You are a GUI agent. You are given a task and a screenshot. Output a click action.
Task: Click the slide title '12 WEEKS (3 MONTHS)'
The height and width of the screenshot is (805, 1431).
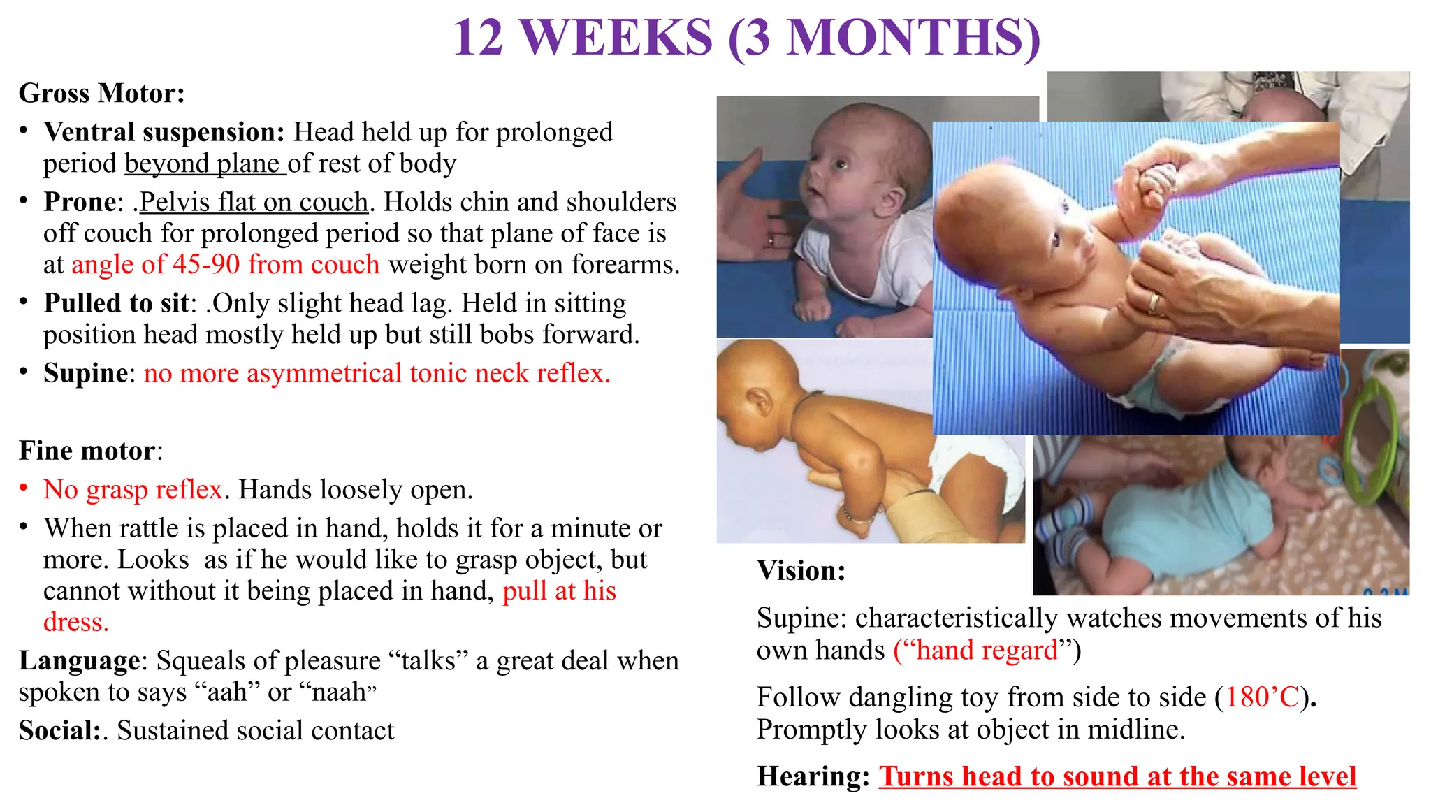pos(746,38)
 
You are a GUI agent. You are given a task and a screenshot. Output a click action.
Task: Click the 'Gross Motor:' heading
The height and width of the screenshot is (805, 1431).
pos(102,94)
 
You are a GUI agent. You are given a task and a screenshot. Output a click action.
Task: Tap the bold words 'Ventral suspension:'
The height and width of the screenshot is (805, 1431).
pos(164,132)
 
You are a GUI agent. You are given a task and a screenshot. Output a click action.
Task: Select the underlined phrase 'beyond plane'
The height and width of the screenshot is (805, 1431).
pos(204,164)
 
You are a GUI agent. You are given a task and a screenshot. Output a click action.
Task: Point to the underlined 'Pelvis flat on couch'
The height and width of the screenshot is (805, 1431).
pos(253,202)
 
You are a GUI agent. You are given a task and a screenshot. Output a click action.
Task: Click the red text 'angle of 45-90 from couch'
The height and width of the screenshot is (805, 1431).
pos(225,265)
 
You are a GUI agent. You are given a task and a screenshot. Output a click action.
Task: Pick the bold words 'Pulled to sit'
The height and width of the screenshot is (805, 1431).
pos(116,303)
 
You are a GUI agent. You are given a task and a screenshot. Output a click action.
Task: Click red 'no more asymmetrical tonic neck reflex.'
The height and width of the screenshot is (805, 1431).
pos(377,373)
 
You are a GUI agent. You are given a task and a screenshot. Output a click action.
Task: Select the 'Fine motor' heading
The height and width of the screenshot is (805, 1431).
pos(87,451)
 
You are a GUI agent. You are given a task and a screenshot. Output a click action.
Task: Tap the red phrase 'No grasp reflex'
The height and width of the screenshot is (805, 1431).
pos(133,490)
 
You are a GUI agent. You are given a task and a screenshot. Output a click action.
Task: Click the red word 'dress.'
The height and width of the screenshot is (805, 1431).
pos(75,622)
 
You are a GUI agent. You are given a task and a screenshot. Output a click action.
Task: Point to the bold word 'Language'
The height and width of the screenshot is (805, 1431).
pos(79,661)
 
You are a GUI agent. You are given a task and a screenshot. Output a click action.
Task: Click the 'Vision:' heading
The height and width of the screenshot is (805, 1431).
pos(801,572)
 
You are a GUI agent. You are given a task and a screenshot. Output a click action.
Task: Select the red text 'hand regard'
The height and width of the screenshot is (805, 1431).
pos(987,651)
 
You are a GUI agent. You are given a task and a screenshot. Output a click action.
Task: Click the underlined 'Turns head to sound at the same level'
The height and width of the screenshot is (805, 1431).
pos(1117,777)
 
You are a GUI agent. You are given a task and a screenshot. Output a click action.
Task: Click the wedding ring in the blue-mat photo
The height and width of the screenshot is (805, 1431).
pos(1154,303)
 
